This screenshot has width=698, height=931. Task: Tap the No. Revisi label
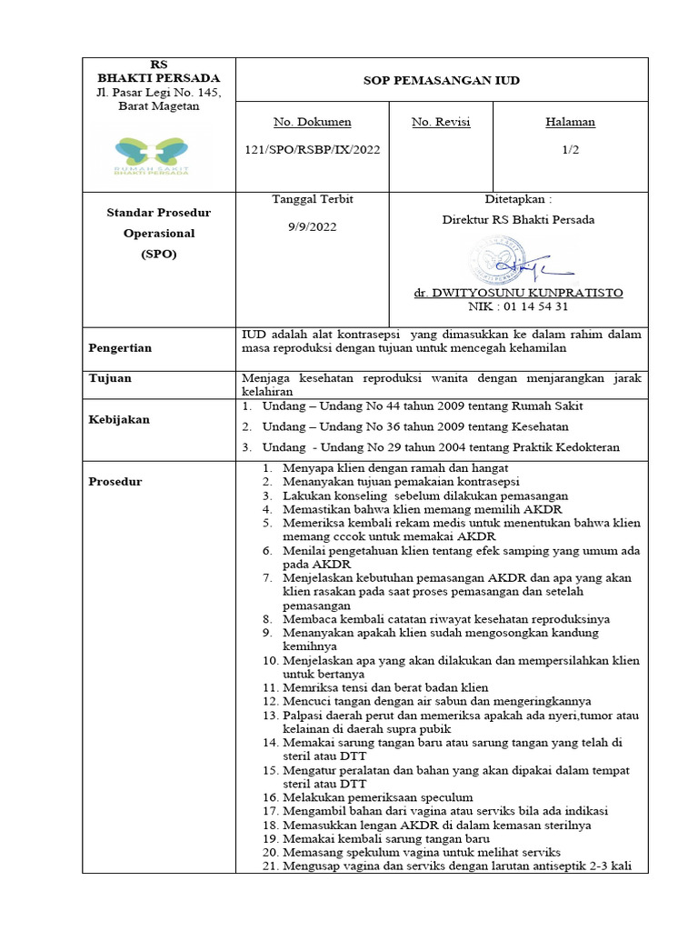(x=441, y=122)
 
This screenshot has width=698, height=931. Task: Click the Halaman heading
(x=571, y=122)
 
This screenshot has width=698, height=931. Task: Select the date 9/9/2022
(x=312, y=226)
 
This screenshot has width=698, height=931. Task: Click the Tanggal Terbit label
(x=312, y=200)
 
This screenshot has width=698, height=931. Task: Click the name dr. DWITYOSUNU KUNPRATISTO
(x=518, y=294)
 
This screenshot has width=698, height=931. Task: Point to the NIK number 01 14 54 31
(x=518, y=306)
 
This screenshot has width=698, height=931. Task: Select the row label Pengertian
(x=120, y=348)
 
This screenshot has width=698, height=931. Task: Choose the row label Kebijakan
(x=118, y=419)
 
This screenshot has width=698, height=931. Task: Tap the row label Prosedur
(x=115, y=482)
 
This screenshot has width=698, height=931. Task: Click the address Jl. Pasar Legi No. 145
(x=159, y=93)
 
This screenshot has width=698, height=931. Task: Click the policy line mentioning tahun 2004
(x=431, y=447)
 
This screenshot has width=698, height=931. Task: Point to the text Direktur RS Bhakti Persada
(x=518, y=219)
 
